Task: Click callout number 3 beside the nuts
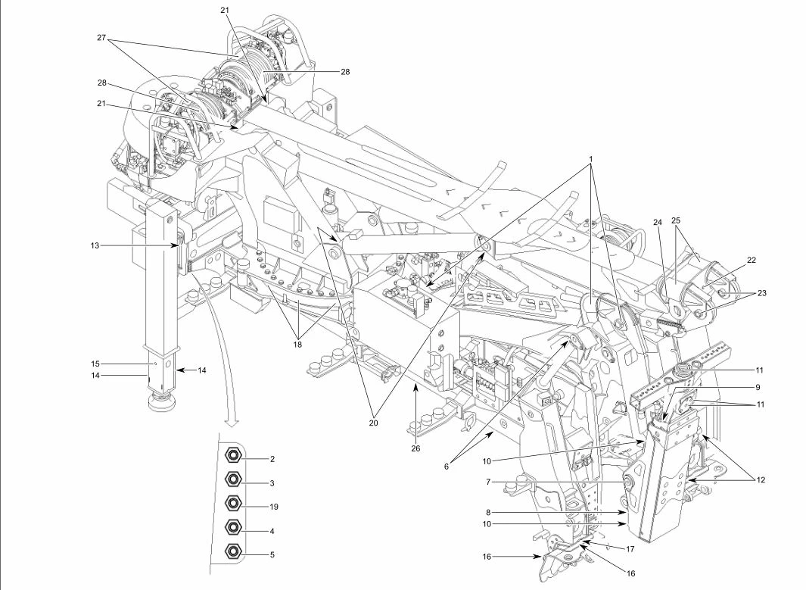tap(270, 482)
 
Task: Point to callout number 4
tap(270, 531)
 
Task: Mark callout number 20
tap(372, 423)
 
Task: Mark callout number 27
tap(101, 36)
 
